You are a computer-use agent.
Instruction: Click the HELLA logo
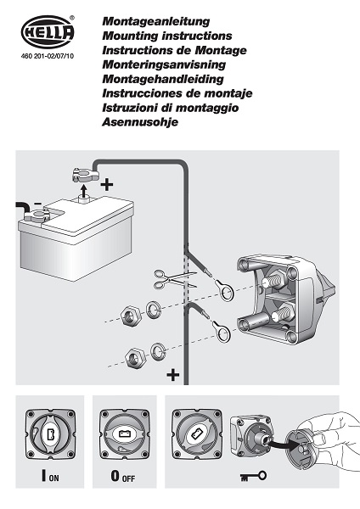48,32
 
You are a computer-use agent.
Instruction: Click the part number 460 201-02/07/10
48,56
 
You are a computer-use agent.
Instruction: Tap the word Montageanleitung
156,21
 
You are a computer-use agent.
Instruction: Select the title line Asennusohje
140,122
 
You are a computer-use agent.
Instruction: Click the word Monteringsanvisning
164,64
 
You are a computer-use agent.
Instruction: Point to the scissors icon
175,279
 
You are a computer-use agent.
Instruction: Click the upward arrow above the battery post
84,191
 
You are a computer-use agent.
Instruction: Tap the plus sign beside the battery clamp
107,185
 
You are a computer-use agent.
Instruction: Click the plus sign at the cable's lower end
173,375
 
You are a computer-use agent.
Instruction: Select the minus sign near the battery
37,204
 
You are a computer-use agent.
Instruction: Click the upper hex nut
130,315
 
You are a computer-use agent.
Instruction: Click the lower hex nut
136,358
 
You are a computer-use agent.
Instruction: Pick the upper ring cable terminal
223,289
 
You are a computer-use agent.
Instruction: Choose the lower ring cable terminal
222,331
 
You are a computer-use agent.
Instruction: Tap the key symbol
253,477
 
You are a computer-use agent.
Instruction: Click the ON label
54,478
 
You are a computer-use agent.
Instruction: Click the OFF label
128,478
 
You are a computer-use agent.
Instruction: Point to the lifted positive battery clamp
83,175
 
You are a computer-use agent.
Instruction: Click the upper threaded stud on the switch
274,280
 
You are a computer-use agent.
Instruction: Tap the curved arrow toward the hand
284,446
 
